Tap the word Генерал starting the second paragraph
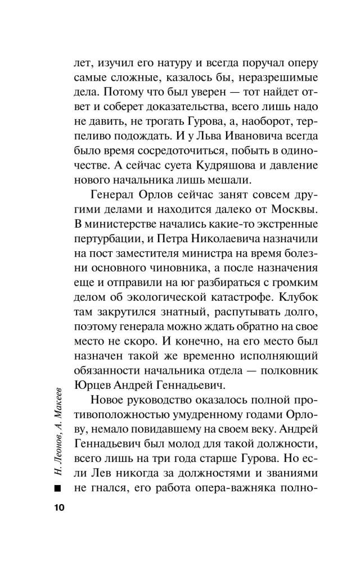click(x=113, y=194)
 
